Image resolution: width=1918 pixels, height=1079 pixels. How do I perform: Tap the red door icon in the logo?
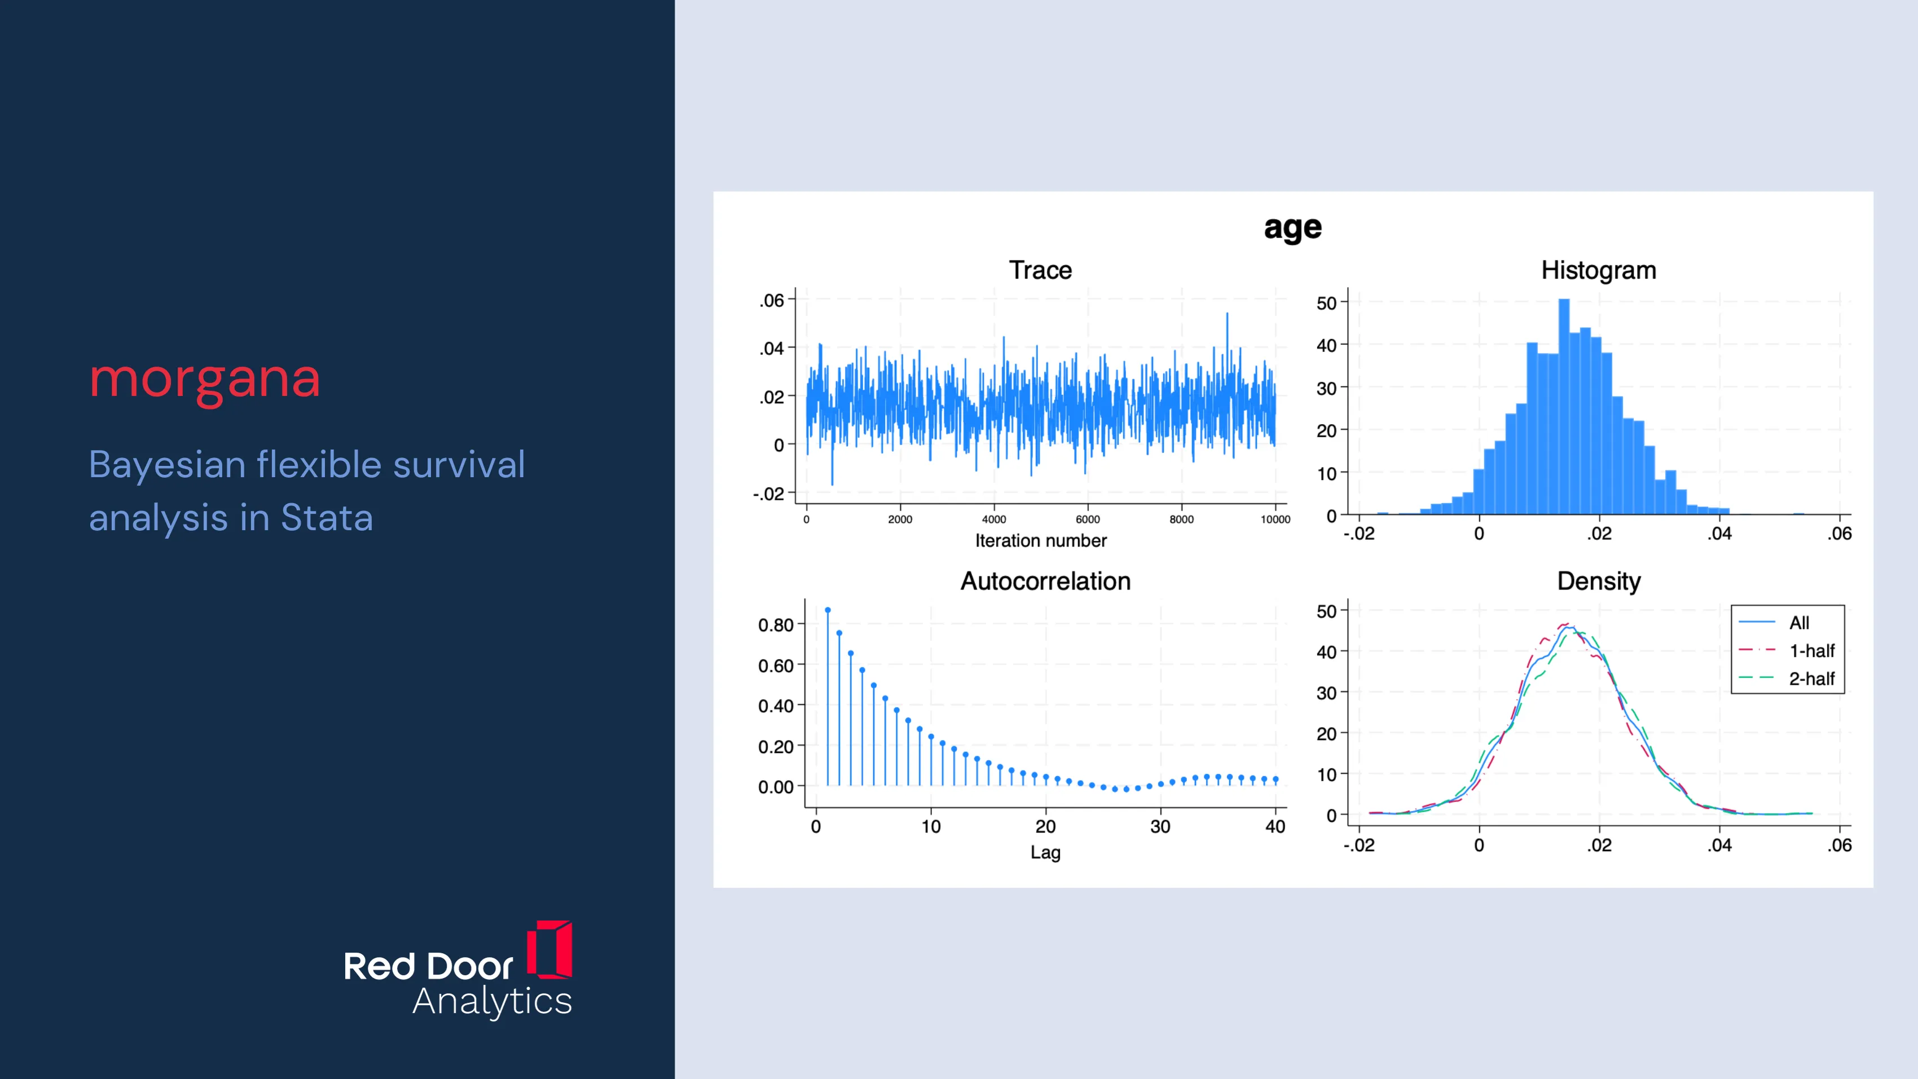pos(550,949)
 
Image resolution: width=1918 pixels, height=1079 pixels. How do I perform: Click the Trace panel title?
pos(1040,270)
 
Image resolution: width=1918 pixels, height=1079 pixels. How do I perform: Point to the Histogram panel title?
pos(1599,270)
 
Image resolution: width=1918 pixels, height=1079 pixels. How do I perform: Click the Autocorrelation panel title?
pos(1045,581)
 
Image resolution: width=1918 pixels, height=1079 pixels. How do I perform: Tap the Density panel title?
pos(1599,582)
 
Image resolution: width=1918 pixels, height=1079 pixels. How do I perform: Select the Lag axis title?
pos(1045,853)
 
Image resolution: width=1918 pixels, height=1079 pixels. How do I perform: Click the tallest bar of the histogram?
pos(1564,407)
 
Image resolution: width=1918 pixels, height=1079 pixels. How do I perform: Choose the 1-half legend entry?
pos(1787,651)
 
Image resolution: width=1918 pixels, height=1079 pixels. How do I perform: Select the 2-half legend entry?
pos(1787,679)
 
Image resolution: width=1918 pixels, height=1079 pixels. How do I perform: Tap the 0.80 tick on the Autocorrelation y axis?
pos(776,625)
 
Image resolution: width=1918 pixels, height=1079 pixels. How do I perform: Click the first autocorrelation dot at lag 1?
pos(828,611)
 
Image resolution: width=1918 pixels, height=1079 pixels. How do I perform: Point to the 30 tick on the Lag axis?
pos(1160,826)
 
